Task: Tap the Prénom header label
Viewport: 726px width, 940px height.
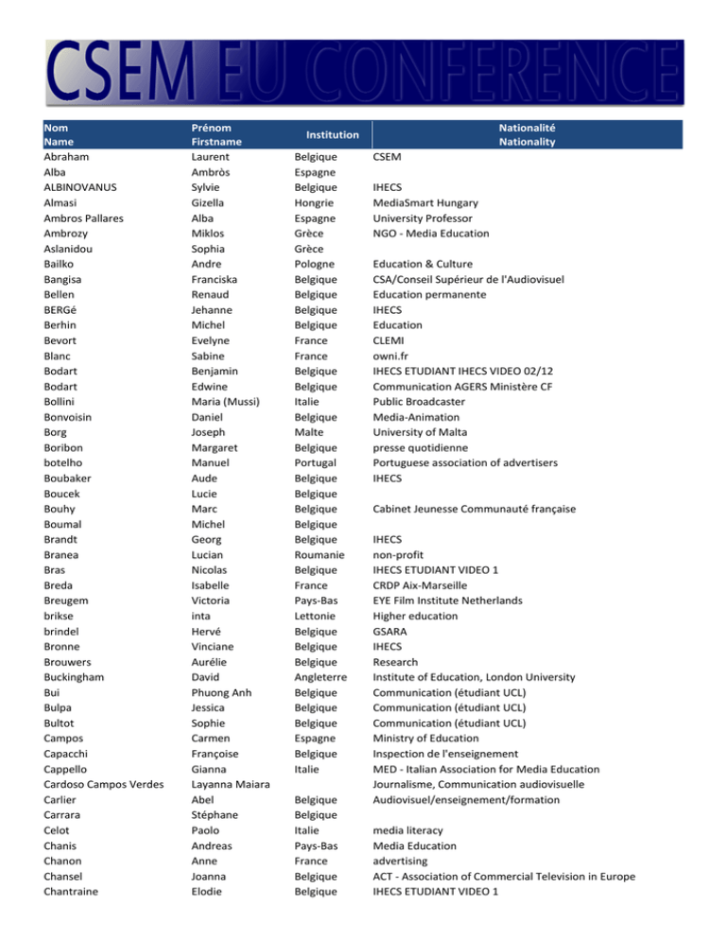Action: point(213,127)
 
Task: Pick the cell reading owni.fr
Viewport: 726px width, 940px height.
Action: point(395,356)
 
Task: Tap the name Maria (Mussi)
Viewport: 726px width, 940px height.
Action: point(230,401)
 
